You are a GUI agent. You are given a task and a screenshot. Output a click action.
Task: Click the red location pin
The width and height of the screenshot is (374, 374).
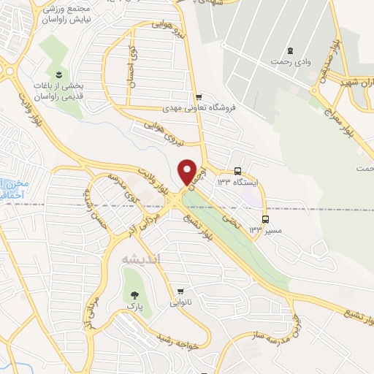pos(188,171)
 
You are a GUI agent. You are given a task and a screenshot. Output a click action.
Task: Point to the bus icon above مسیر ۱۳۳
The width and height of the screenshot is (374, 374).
pos(265,218)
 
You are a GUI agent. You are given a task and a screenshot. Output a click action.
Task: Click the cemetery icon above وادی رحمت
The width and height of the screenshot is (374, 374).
pos(291,50)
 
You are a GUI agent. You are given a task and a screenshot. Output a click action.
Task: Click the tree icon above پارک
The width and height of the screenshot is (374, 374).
pos(134,296)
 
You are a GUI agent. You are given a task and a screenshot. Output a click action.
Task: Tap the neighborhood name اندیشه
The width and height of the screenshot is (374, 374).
pos(129,260)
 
